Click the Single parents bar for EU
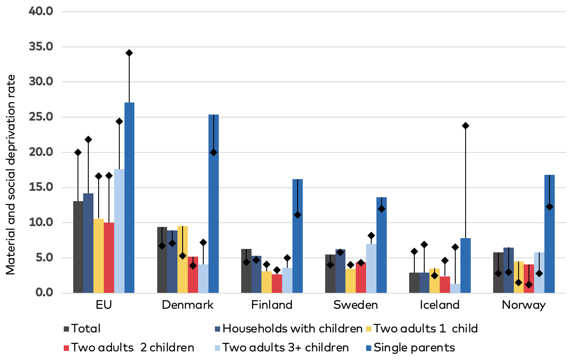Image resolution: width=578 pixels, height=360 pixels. pos(129,198)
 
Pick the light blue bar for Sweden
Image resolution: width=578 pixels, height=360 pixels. pos(371,269)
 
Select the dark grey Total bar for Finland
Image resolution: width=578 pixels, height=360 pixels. pos(246,271)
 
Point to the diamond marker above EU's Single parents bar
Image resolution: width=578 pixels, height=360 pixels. pos(129,53)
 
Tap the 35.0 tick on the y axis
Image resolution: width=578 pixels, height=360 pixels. pos(40,47)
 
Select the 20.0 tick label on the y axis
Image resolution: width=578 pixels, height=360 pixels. pos(40,152)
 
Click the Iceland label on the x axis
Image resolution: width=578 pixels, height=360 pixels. pos(440,305)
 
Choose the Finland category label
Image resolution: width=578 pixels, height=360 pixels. pos(272,305)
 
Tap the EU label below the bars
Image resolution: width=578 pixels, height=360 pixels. pos(104,305)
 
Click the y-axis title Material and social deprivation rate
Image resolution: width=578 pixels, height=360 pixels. pos(11,174)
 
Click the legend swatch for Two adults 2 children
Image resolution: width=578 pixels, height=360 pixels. pos(67,348)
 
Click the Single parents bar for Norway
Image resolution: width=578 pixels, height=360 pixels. pos(550,234)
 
